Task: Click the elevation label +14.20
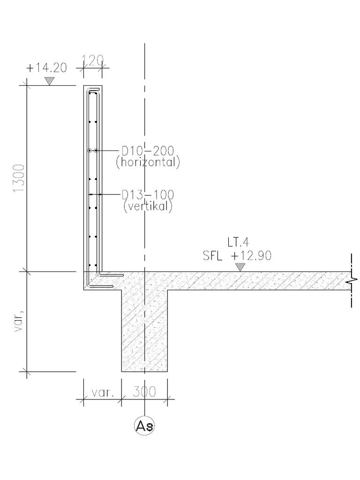[46, 67]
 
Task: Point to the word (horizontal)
[151, 163]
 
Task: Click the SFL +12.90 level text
[237, 255]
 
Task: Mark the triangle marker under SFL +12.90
[240, 267]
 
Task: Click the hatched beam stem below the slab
[145, 333]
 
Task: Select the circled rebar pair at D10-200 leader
[92, 150]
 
